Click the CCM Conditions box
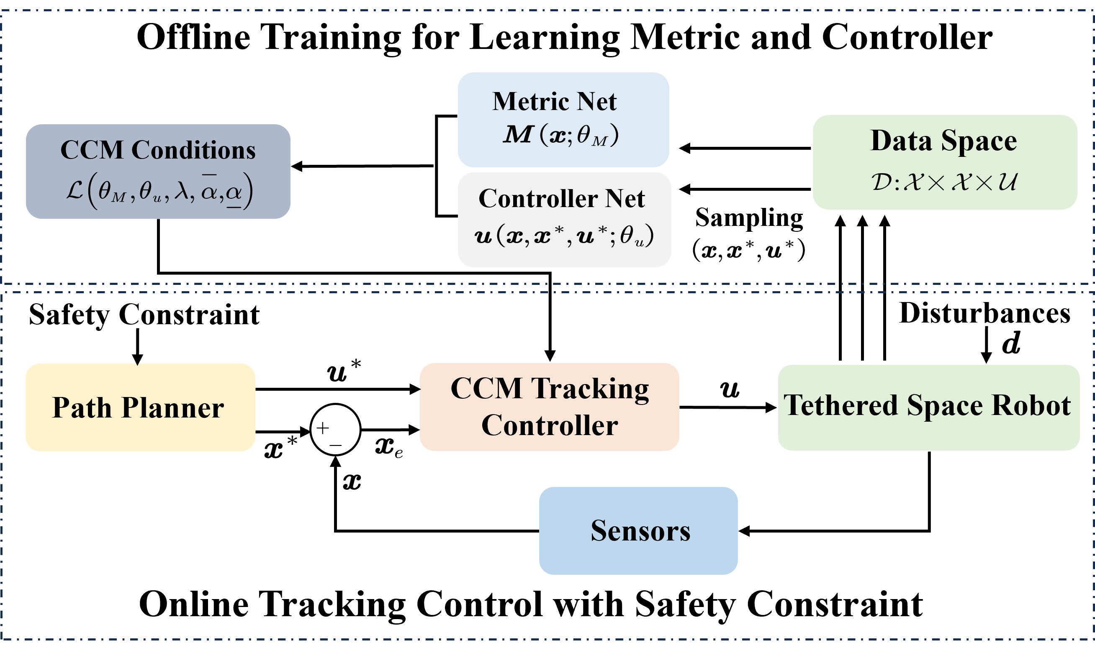tap(158, 171)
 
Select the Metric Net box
tap(563, 120)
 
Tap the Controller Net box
tap(564, 219)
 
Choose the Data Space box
tap(944, 162)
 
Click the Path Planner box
tap(140, 407)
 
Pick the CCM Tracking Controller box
tap(549, 407)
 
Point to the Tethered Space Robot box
tap(928, 407)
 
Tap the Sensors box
tap(638, 530)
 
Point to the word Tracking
tap(590, 389)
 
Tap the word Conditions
tap(193, 150)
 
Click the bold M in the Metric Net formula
tap(518, 134)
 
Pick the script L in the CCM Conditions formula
tap(75, 190)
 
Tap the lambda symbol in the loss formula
tap(181, 191)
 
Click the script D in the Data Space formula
tap(881, 182)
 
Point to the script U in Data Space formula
tap(1007, 182)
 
